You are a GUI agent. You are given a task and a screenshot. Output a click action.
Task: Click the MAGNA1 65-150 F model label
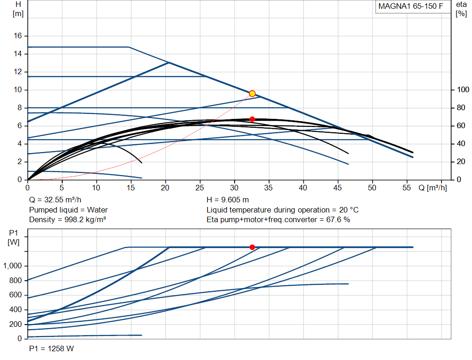coord(411,6)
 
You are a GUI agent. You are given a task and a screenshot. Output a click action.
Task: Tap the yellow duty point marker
coord(252,94)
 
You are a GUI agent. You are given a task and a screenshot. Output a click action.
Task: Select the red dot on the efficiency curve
coord(252,119)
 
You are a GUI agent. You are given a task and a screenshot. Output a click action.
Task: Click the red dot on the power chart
coord(252,247)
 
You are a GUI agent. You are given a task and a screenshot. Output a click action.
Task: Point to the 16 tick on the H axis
coord(18,36)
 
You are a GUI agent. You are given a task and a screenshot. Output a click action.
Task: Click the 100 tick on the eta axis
coord(463,90)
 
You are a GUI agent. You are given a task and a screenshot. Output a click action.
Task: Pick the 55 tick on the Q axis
coord(407,188)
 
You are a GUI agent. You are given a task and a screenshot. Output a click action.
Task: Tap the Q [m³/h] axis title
coord(432,188)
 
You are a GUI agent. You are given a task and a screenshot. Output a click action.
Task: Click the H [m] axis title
coord(18,9)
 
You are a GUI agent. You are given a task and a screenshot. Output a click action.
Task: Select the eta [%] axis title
coord(461,9)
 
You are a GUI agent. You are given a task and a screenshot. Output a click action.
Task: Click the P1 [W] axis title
coord(13,237)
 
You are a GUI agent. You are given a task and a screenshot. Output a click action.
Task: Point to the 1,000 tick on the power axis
coord(12,266)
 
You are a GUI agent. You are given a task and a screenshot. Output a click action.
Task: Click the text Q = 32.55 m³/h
coord(55,200)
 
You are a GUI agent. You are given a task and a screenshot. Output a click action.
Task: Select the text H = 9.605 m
coord(228,200)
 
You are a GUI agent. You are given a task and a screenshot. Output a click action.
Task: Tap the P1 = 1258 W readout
coord(52,348)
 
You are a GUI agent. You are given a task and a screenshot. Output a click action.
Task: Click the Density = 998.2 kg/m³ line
coord(67,220)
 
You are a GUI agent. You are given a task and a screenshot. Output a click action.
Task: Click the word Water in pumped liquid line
coord(97,210)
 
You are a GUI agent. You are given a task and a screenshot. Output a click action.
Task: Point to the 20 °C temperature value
coord(349,210)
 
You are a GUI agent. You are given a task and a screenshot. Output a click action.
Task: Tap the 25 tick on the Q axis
coord(200,188)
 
